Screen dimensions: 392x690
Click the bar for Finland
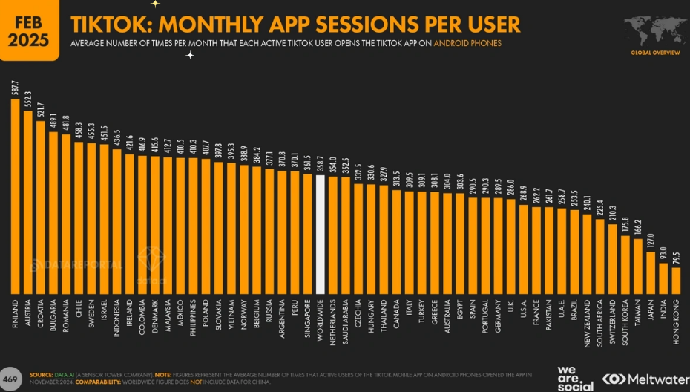coord(16,196)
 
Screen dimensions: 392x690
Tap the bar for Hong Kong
coord(676,280)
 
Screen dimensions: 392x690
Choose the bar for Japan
coord(651,272)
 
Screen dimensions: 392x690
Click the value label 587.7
coord(16,88)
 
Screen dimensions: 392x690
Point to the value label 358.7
coord(321,163)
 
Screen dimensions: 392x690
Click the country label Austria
coord(28,313)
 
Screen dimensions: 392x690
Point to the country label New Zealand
coord(587,318)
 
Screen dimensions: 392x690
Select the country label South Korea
coord(625,318)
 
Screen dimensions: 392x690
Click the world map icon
coord(652,31)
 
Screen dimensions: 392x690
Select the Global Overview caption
coord(652,53)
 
